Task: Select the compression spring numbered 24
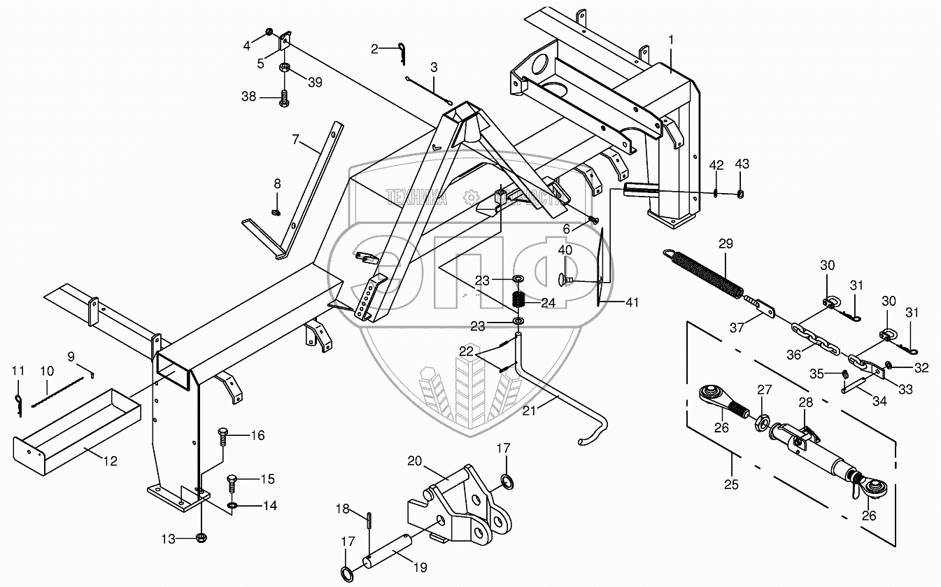point(519,299)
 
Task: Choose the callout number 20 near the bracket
point(416,461)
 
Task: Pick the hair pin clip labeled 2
point(399,51)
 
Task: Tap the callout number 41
point(632,302)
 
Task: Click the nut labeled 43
point(742,194)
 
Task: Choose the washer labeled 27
point(763,422)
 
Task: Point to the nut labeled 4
point(269,33)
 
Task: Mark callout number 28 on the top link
point(806,402)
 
